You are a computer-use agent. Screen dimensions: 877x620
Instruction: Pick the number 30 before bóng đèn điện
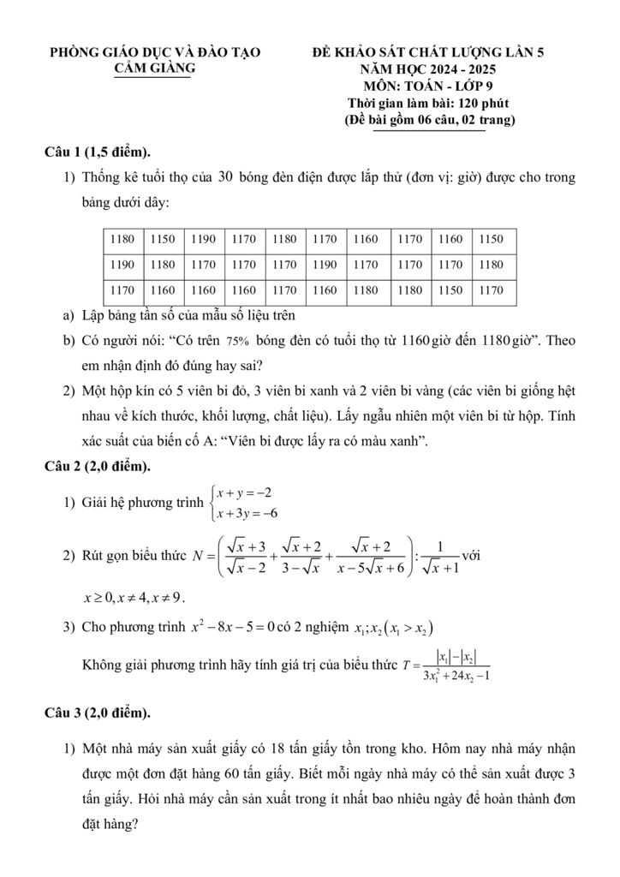pos(226,177)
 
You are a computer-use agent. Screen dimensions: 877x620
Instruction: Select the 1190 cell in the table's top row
pos(204,240)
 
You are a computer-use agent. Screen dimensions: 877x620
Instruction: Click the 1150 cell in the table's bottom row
pos(450,290)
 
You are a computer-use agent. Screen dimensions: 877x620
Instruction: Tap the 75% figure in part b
pos(239,340)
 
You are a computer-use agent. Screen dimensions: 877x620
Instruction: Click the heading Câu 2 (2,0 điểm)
pos(98,466)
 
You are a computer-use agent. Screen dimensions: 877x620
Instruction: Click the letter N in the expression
pos(200,555)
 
